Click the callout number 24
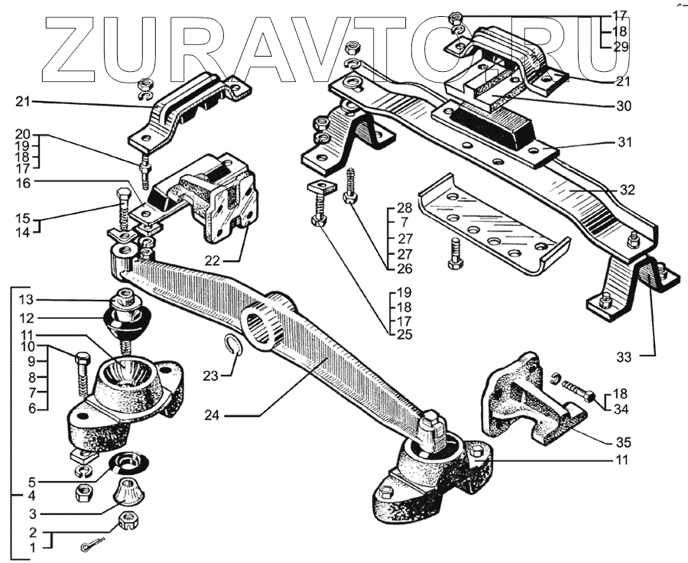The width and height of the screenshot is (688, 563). click(x=215, y=415)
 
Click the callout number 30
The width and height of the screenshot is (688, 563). click(x=624, y=106)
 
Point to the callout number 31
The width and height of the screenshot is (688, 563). click(x=624, y=142)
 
